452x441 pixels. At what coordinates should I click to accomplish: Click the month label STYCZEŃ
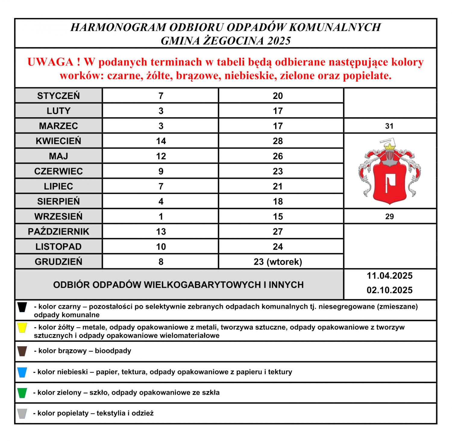click(x=58, y=96)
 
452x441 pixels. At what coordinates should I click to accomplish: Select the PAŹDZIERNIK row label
click(x=58, y=232)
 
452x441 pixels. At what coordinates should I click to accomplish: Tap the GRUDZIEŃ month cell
click(x=58, y=262)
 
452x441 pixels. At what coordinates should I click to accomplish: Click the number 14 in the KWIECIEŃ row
click(x=161, y=141)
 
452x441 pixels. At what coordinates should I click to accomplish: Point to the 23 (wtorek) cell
click(x=278, y=262)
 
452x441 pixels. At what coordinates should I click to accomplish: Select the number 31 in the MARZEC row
click(x=389, y=126)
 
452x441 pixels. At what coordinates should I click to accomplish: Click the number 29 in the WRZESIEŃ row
click(x=389, y=217)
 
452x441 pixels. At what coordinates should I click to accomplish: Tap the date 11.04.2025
click(x=389, y=276)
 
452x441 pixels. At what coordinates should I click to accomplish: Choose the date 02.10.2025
click(x=389, y=290)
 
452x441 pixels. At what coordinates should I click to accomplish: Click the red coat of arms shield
click(x=390, y=183)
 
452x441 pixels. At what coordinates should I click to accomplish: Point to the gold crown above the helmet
click(x=390, y=147)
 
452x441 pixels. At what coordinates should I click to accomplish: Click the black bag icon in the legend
click(x=22, y=307)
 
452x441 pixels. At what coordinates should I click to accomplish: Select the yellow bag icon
click(x=22, y=328)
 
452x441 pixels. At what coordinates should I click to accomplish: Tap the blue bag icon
click(x=22, y=372)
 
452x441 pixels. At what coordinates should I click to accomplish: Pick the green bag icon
click(x=22, y=393)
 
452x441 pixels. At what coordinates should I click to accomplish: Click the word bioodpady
click(x=113, y=351)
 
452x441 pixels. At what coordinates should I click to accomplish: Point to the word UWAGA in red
click(x=50, y=62)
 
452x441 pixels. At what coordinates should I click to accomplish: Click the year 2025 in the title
click(x=279, y=41)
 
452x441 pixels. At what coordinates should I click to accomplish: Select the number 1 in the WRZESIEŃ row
click(x=161, y=217)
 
